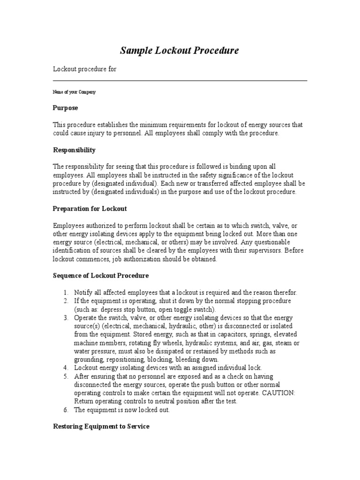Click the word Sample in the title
click(x=136, y=50)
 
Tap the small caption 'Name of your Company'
click(x=74, y=92)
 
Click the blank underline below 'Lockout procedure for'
click(x=180, y=81)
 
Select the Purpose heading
click(x=65, y=108)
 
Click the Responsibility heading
click(x=74, y=150)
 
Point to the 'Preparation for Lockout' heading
click(x=90, y=209)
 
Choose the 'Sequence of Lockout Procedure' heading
click(x=101, y=276)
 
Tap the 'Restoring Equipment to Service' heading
click(x=101, y=427)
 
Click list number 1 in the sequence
click(x=66, y=292)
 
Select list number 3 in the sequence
click(x=66, y=318)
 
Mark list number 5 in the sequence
click(x=66, y=376)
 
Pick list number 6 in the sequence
click(x=66, y=410)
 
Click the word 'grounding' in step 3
click(x=89, y=360)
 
